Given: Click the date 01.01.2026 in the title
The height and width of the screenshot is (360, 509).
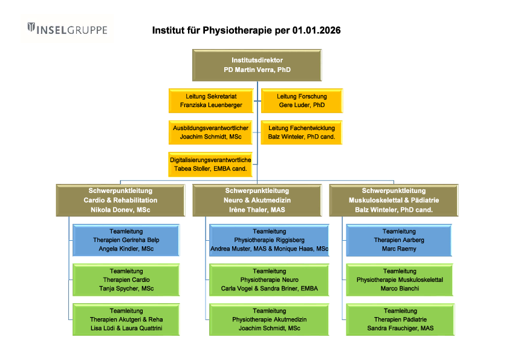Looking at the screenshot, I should [316, 30].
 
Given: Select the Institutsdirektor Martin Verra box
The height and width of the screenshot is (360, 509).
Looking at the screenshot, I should [257, 65].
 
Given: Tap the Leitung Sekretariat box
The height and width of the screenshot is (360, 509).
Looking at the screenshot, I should [211, 100].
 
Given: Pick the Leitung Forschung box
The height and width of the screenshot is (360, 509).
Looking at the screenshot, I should [302, 100].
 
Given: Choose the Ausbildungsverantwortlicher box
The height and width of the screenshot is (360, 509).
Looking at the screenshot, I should [211, 133].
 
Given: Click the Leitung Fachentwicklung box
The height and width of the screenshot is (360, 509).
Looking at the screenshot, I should [302, 133].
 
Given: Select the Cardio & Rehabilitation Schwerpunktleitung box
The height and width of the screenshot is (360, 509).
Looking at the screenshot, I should [120, 200].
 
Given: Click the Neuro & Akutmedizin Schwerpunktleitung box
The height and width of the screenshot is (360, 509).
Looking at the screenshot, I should [257, 200].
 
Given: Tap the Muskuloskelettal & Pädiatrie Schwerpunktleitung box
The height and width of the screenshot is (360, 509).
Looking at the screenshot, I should [394, 200].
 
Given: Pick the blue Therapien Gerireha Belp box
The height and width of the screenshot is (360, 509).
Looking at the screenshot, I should [126, 240].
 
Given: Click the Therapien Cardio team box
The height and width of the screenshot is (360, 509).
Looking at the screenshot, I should [126, 280].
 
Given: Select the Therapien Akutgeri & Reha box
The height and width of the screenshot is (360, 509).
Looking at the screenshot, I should [126, 319].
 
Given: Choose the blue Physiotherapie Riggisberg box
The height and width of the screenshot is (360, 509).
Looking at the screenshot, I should [269, 240].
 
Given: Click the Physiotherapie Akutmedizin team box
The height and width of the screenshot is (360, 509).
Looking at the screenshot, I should [269, 319].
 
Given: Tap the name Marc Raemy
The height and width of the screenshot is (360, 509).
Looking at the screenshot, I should [400, 249].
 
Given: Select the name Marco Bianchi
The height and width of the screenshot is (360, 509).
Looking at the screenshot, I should [400, 289].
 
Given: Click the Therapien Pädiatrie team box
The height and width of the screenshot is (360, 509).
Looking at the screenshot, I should [400, 319].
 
